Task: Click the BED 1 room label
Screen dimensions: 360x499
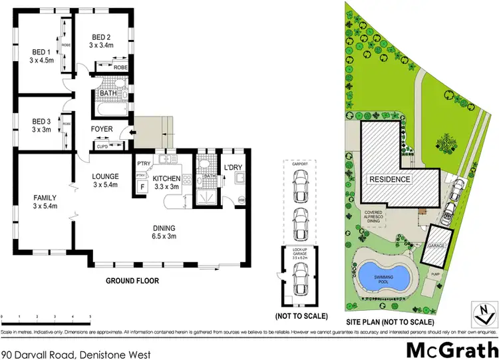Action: click(x=41, y=51)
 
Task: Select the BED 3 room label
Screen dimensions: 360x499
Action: click(x=41, y=120)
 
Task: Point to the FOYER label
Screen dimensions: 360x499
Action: click(x=102, y=129)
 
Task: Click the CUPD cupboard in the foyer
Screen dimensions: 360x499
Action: click(x=102, y=146)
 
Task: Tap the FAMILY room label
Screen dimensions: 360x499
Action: click(x=45, y=198)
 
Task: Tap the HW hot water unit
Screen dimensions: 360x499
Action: click(x=241, y=200)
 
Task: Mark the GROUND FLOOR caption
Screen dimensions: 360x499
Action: click(x=132, y=281)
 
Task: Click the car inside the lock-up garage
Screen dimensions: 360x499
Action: click(x=301, y=275)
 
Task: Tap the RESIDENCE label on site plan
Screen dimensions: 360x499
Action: click(x=391, y=179)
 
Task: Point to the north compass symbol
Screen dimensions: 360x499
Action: click(x=485, y=310)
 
